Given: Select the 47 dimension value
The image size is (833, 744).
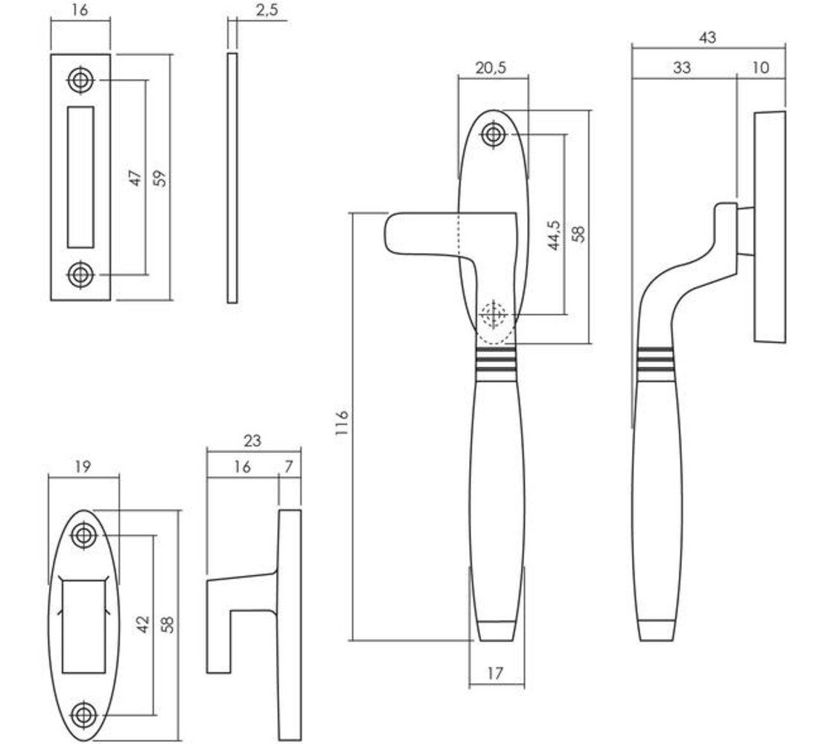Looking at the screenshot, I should click(x=135, y=178).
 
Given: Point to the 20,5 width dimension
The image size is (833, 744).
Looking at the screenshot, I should click(x=491, y=68).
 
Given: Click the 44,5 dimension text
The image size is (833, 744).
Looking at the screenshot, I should click(x=553, y=235).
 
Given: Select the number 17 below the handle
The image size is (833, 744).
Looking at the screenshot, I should click(x=495, y=674).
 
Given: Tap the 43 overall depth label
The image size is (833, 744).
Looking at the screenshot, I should click(x=707, y=37).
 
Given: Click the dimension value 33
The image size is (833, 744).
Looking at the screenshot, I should click(x=681, y=68).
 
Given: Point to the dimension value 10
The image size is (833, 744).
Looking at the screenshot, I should click(x=760, y=68).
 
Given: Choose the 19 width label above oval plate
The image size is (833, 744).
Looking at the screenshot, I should click(x=83, y=467).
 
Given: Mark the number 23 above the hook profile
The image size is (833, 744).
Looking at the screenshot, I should click(x=252, y=441).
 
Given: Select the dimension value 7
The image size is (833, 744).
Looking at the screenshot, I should click(x=289, y=467).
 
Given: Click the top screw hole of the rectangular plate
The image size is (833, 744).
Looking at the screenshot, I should click(x=80, y=80).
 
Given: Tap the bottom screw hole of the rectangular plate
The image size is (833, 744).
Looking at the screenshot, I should click(x=80, y=275).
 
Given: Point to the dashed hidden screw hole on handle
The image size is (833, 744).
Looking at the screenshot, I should click(x=492, y=315).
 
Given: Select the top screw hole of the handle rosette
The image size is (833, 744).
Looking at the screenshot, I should click(x=493, y=135).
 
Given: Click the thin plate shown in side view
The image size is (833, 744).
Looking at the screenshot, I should click(x=232, y=178).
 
